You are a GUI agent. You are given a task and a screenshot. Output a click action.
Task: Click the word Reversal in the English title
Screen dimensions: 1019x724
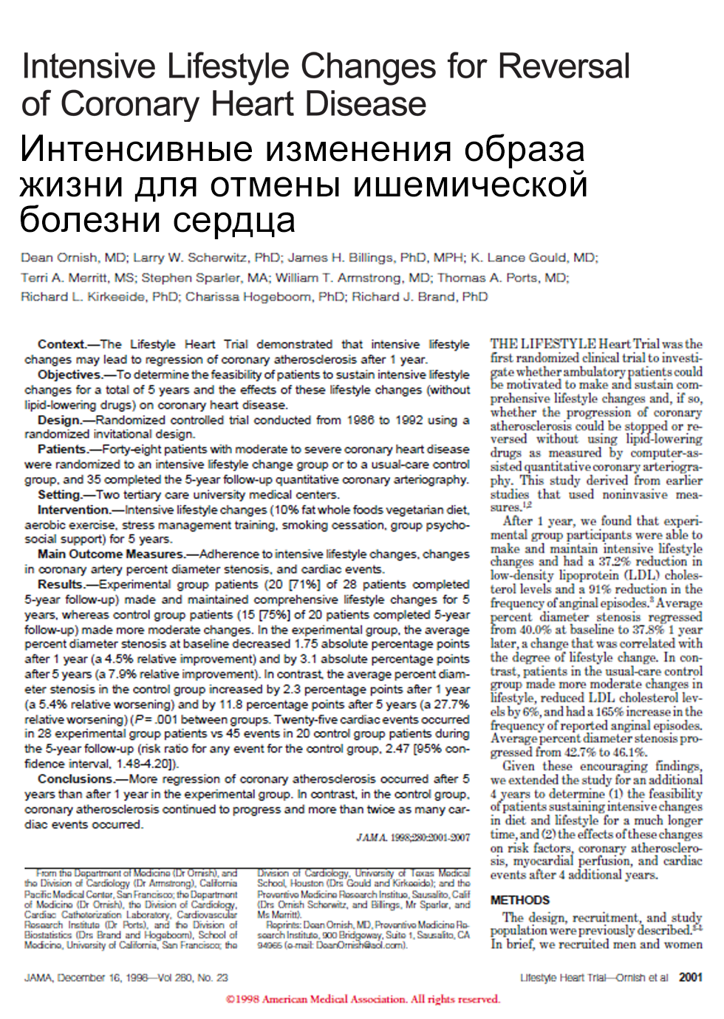point(564,66)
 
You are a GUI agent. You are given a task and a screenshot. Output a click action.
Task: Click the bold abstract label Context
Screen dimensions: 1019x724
point(62,344)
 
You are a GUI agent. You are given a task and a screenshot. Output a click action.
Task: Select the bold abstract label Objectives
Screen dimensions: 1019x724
point(69,374)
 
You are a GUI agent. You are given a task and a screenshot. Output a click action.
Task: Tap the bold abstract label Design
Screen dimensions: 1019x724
point(59,420)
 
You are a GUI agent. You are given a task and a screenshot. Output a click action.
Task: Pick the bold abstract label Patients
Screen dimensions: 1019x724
point(62,449)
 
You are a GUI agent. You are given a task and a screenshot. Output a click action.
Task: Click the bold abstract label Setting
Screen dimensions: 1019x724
point(59,495)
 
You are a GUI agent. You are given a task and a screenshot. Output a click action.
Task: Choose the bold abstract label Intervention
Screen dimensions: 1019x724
point(73,509)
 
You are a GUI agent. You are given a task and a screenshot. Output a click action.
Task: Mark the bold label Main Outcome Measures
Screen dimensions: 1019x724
point(110,554)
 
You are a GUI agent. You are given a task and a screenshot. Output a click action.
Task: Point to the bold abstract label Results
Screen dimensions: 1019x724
point(61,584)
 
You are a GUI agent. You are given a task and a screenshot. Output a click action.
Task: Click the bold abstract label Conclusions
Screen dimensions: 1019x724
point(75,779)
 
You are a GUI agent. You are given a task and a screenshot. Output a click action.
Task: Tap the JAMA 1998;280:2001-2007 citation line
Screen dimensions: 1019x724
point(413,837)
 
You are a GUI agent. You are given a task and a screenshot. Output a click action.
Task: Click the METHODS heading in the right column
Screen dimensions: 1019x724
point(519,900)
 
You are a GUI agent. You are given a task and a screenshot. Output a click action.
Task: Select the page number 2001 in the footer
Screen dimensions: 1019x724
point(690,978)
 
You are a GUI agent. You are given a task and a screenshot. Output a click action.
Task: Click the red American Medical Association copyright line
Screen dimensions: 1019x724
point(362,999)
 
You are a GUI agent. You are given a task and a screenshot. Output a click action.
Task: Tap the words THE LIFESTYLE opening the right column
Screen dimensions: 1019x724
point(542,344)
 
